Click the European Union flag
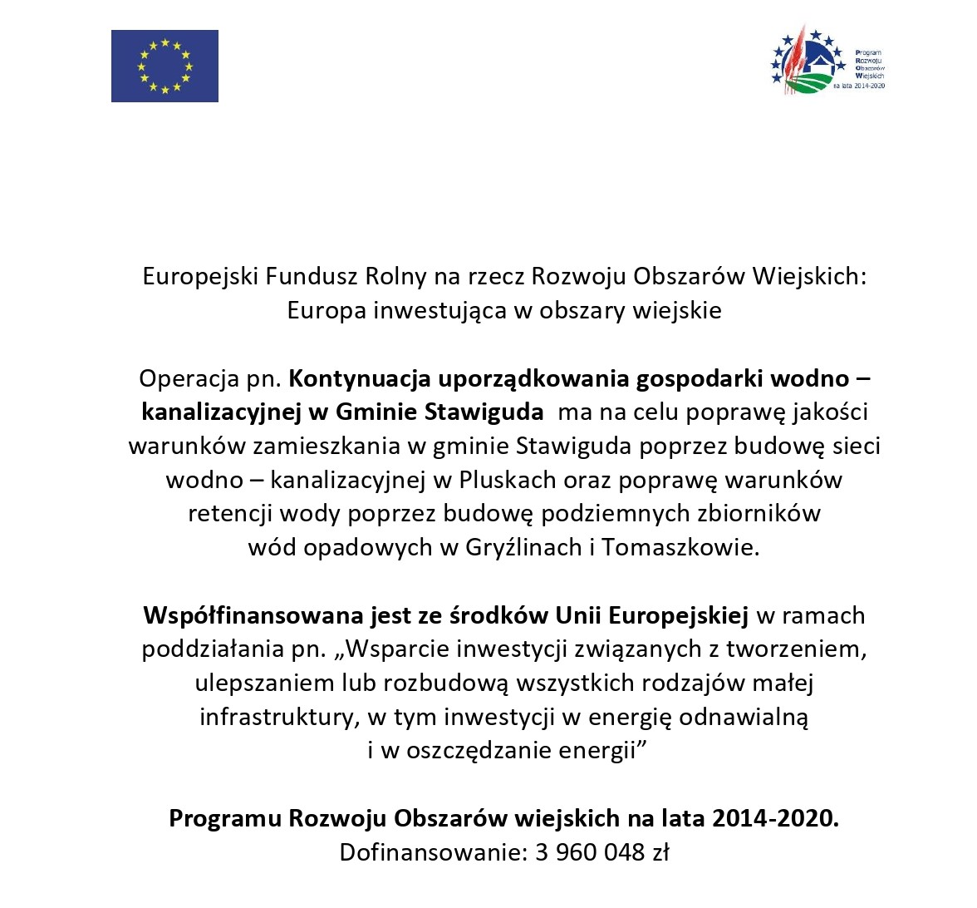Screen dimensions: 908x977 (164, 66)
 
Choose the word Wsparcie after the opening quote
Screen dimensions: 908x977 (391, 649)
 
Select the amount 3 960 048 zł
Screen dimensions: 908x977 (599, 852)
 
